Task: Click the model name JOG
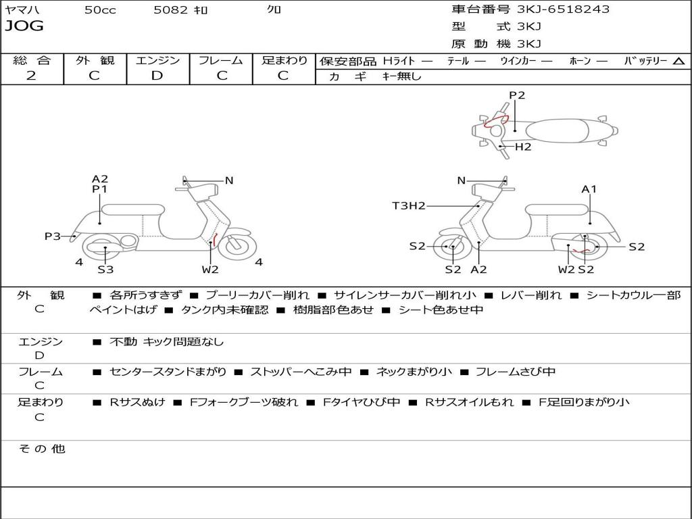coord(24,26)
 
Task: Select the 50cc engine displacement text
coord(100,10)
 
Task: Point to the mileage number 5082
coord(170,10)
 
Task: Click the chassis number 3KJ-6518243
coord(563,9)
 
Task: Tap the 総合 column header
coord(32,61)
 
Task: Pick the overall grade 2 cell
coord(31,76)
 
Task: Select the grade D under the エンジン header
coord(157,76)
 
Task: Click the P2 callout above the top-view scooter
coord(517,95)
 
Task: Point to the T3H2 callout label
coord(409,206)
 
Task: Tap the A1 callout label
coord(589,189)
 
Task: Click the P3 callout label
coord(53,237)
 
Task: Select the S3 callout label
coord(105,270)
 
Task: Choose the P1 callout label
coord(100,190)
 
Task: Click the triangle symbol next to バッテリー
coord(678,61)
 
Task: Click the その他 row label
coord(41,449)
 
